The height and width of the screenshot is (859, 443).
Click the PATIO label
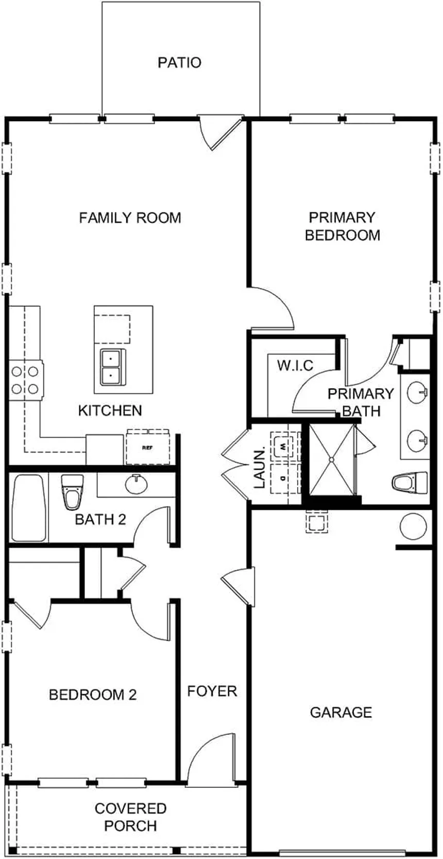click(179, 63)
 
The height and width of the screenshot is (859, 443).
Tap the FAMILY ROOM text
click(130, 217)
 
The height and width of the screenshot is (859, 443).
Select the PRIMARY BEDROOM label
click(342, 226)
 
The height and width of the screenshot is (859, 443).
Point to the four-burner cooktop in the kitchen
click(25, 379)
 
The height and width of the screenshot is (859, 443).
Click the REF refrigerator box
click(148, 447)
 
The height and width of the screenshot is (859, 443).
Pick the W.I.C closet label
click(295, 365)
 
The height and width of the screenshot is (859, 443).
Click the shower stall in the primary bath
click(331, 458)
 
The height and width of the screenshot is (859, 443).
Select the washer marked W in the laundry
click(284, 444)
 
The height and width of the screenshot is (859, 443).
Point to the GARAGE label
click(340, 712)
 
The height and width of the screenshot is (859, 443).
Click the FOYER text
click(212, 691)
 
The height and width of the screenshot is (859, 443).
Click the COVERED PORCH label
click(130, 816)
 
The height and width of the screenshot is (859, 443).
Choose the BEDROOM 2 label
click(93, 695)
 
